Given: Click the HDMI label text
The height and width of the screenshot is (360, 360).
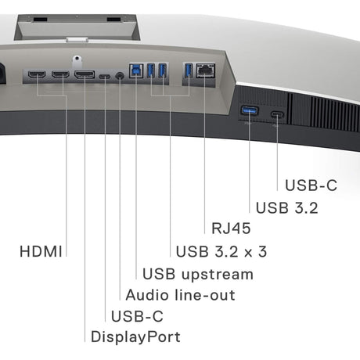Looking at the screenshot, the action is [41, 252].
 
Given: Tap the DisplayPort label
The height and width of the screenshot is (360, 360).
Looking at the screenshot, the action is [135, 337].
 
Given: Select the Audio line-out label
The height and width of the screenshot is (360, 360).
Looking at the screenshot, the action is [180, 295].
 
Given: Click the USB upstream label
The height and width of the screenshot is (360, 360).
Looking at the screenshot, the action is [198, 275].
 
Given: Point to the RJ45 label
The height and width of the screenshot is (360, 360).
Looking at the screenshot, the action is [231, 229].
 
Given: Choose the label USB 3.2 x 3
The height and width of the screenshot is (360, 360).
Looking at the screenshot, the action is [221, 252].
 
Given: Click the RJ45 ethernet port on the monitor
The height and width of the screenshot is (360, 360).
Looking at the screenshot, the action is [205, 70].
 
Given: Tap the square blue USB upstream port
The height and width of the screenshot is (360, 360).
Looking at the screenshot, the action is [136, 70].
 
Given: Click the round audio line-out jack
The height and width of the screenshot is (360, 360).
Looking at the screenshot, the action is [120, 76].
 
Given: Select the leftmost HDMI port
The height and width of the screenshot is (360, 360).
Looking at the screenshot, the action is [37, 74].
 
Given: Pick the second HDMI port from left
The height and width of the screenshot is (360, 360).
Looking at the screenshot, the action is [60, 74].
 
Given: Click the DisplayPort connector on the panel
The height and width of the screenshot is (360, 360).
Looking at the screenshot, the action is [85, 74].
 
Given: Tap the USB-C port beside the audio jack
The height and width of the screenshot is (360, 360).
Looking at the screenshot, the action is [105, 77].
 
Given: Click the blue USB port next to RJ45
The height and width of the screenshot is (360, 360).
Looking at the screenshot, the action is [189, 70].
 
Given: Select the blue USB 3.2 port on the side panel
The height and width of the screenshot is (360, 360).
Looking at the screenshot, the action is [250, 110].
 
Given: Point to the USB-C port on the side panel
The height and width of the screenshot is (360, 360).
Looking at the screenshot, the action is [277, 114].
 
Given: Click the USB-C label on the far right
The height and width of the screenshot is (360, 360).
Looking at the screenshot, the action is [311, 185].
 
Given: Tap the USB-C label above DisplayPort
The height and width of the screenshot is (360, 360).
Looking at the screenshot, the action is [137, 316].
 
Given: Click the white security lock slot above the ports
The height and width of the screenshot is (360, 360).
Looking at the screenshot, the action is [77, 59].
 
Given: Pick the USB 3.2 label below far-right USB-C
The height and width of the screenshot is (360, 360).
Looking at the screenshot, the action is [286, 208].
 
